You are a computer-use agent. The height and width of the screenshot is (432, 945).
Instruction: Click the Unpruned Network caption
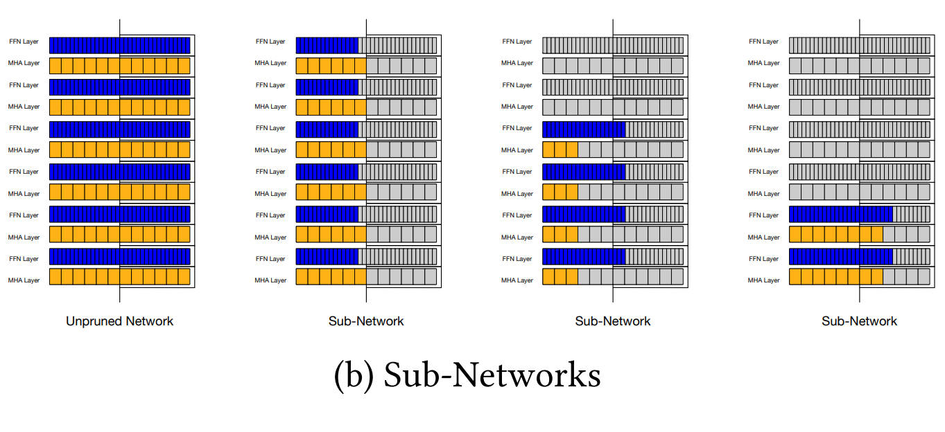coord(119,321)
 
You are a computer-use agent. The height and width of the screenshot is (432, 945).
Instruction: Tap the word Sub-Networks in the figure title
coord(492,375)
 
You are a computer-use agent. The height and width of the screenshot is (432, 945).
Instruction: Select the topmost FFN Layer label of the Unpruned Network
coord(24,42)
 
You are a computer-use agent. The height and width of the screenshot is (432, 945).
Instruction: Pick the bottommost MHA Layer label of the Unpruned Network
coord(24,280)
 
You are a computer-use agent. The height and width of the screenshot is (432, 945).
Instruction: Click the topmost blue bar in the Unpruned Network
coord(120,46)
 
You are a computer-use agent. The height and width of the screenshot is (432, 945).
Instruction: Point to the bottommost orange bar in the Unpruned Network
coord(120,277)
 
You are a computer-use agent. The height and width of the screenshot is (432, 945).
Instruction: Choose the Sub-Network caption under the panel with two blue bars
coord(859,321)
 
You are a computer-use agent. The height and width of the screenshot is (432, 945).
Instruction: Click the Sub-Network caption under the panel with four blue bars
coord(613,321)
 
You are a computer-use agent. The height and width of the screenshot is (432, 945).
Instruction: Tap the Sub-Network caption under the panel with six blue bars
coord(366,321)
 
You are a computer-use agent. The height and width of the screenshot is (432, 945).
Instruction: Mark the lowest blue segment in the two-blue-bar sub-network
coord(841,256)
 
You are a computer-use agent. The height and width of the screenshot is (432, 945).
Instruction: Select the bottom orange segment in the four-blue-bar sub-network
coord(560,277)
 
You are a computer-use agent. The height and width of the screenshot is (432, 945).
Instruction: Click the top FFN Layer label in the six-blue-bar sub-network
coord(270,42)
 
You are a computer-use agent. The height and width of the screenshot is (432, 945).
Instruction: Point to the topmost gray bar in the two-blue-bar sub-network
coord(859,46)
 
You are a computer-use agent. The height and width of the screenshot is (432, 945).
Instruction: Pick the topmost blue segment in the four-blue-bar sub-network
coord(584,129)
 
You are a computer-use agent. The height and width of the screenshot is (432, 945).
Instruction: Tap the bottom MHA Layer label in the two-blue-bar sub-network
coord(763,280)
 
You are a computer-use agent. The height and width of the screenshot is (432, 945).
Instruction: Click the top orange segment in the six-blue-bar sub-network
coord(331,66)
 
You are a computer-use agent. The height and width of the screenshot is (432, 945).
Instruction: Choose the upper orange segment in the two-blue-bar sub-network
coord(836,235)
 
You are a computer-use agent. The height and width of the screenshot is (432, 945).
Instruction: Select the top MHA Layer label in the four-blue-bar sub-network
coord(517,63)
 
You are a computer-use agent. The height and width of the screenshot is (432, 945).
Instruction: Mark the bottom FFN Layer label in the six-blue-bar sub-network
coord(270,258)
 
